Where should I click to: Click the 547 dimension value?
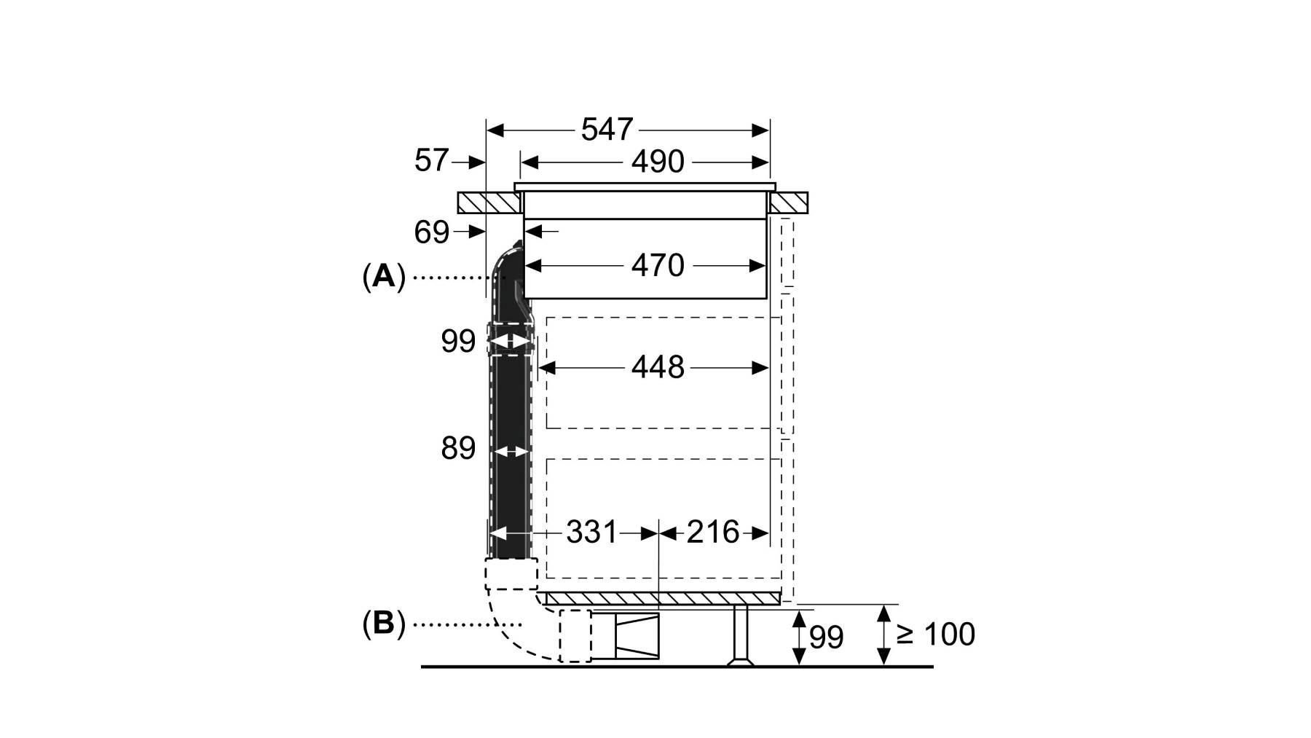[607, 130]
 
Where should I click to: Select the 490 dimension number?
[658, 162]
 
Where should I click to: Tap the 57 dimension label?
[431, 160]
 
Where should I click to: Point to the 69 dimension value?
[431, 232]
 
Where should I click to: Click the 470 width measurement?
[658, 266]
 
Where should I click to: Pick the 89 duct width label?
[458, 448]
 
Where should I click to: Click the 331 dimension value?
[591, 533]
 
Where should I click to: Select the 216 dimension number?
[713, 533]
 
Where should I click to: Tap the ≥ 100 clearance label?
[935, 634]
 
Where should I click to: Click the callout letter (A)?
[384, 277]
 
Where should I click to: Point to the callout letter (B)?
[384, 624]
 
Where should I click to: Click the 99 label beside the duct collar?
[458, 341]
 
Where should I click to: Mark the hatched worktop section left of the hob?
[490, 203]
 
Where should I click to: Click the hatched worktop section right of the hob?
[787, 203]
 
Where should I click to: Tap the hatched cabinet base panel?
[664, 598]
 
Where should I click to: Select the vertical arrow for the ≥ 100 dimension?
[883, 635]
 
